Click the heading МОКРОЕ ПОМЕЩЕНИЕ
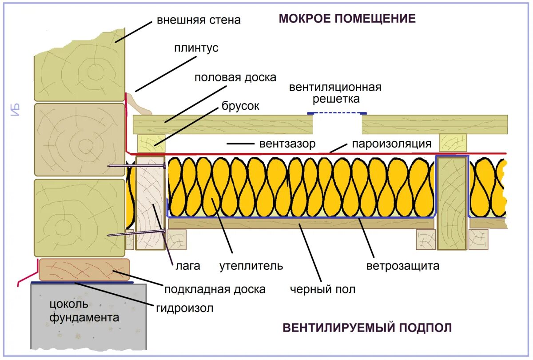[347, 19]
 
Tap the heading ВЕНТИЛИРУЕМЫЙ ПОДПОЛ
[367, 328]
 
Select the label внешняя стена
[199, 20]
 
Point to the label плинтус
[196, 48]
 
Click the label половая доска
[235, 77]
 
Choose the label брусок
[240, 106]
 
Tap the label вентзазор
[287, 144]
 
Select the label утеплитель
[251, 266]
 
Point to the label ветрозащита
[403, 266]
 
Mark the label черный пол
[323, 290]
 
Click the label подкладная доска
[215, 289]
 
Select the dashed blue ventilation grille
[337, 114]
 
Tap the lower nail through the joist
[136, 232]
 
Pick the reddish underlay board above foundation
[84, 269]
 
